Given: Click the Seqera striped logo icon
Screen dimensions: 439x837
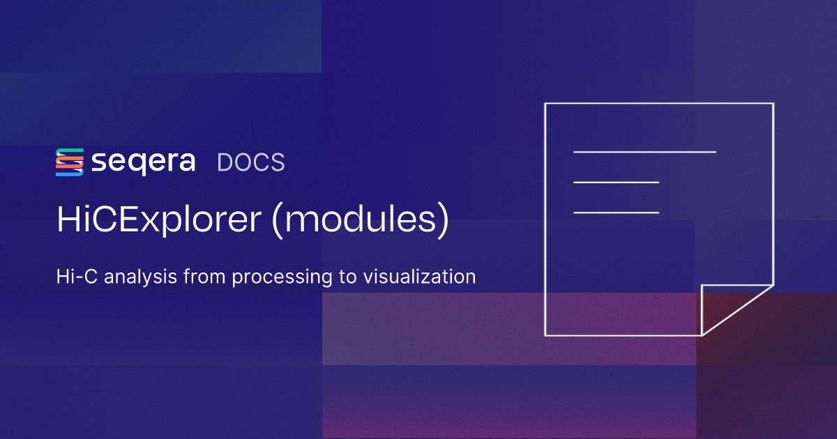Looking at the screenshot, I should [x=70, y=162].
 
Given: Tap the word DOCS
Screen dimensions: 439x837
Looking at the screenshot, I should [x=251, y=162].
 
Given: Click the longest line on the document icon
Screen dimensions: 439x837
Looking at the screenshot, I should [x=644, y=151].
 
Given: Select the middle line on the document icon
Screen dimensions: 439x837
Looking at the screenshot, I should [x=616, y=182].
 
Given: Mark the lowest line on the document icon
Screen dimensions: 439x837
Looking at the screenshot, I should [x=616, y=212].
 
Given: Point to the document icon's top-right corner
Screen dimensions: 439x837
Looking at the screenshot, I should [x=773, y=104].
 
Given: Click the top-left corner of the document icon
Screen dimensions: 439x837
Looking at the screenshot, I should [x=545, y=104].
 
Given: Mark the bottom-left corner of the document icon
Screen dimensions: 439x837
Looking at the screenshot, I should [x=545, y=335].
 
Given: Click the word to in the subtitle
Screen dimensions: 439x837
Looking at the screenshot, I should [x=349, y=277].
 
